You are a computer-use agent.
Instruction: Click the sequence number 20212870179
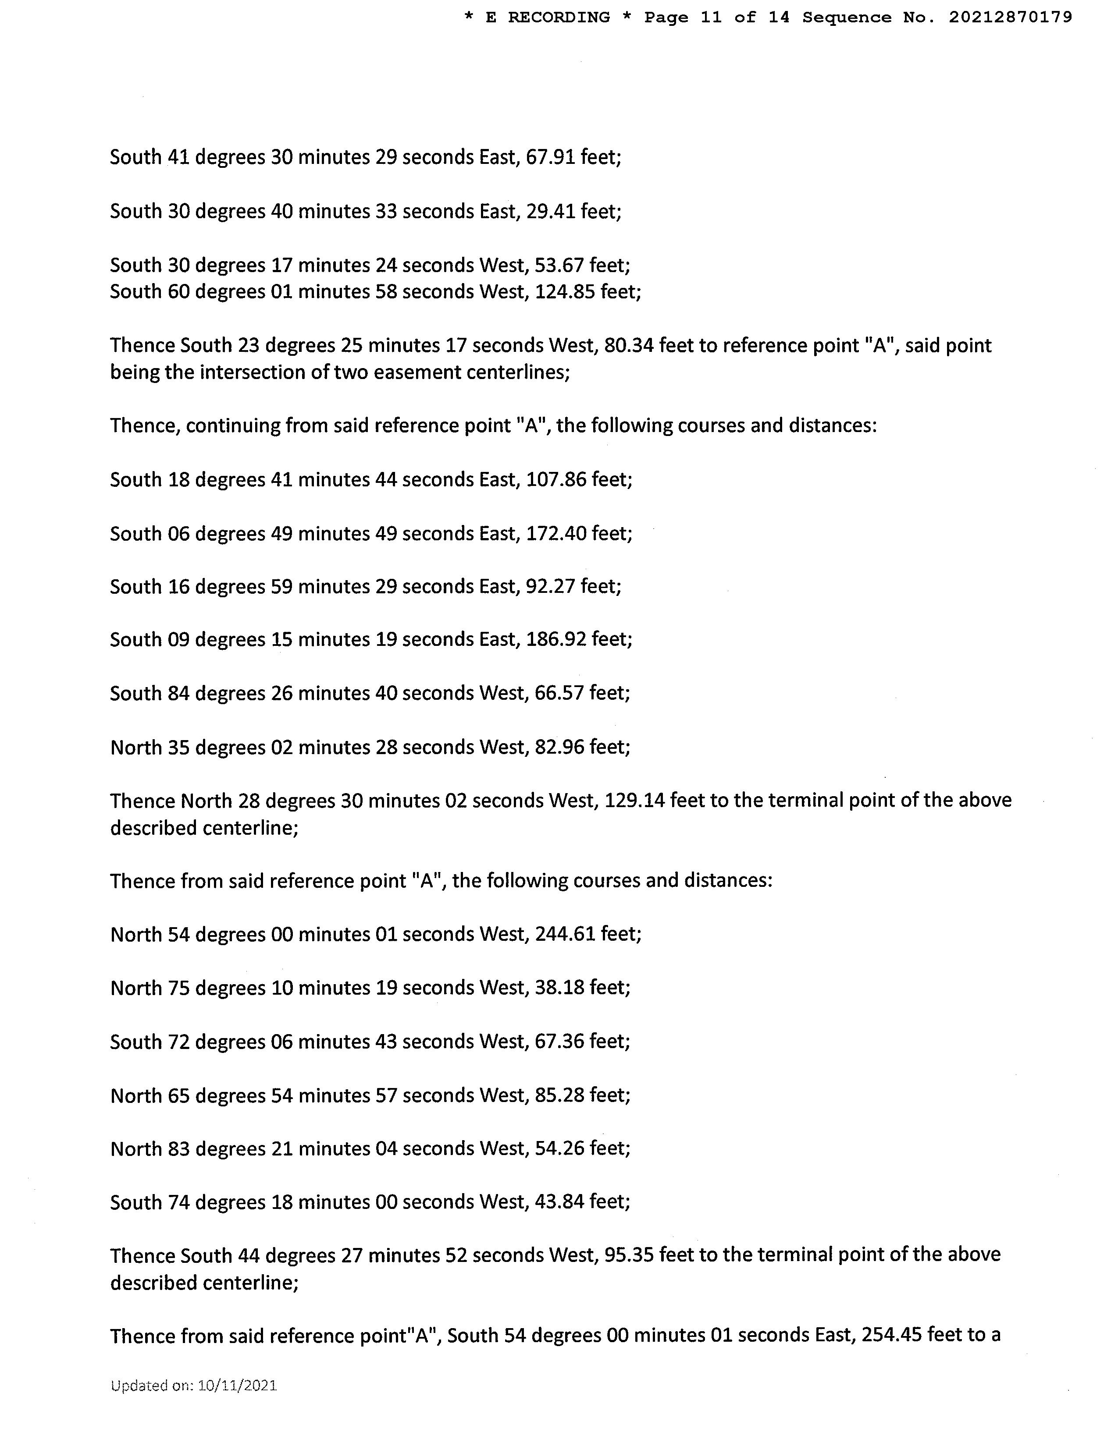[x=1010, y=18]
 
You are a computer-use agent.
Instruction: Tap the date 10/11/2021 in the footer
[x=237, y=1385]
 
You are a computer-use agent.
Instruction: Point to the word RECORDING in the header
[x=559, y=18]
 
